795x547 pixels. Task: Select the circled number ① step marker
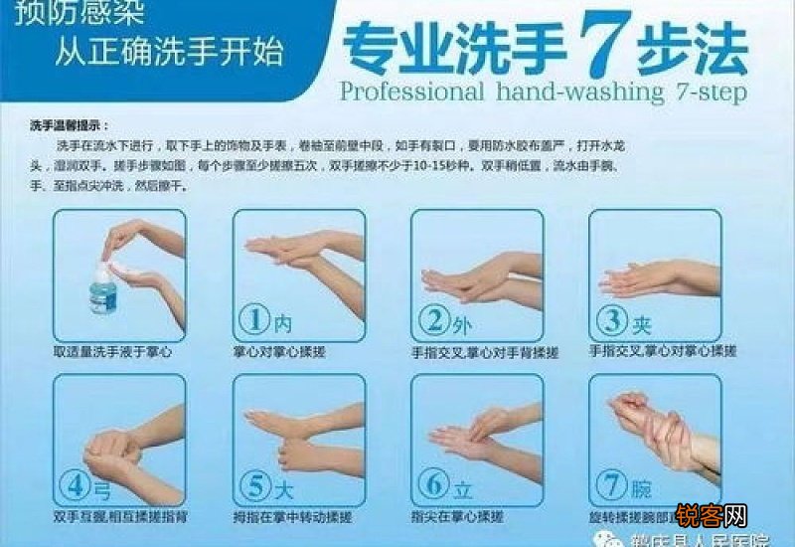click(255, 320)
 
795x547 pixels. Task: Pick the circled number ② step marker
click(434, 320)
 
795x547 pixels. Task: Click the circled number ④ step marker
click(77, 486)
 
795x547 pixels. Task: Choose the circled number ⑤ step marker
click(255, 486)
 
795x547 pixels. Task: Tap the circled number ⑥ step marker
click(434, 486)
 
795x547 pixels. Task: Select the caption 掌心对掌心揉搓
click(279, 352)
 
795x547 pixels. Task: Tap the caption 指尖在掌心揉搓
click(458, 517)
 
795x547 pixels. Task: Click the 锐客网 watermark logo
click(711, 515)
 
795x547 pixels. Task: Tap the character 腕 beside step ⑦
click(642, 487)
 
